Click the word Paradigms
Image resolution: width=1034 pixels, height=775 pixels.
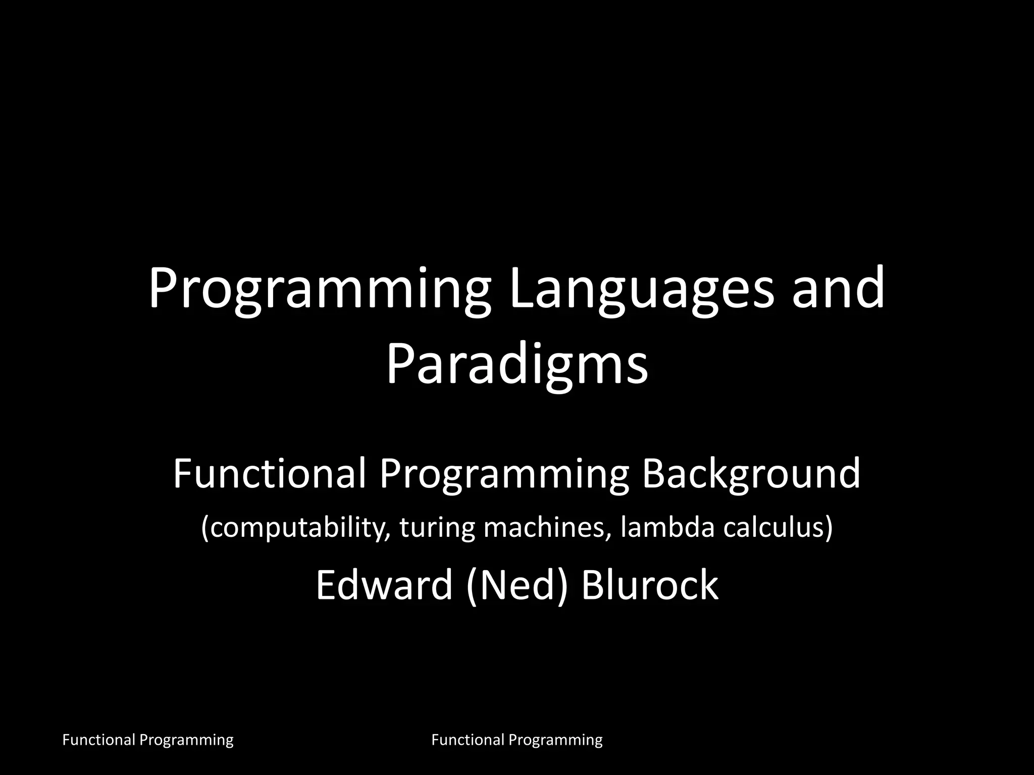517,366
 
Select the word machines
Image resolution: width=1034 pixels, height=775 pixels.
547,527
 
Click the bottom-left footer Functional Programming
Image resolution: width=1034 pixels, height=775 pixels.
147,740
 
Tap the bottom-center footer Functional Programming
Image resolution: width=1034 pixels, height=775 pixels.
517,740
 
